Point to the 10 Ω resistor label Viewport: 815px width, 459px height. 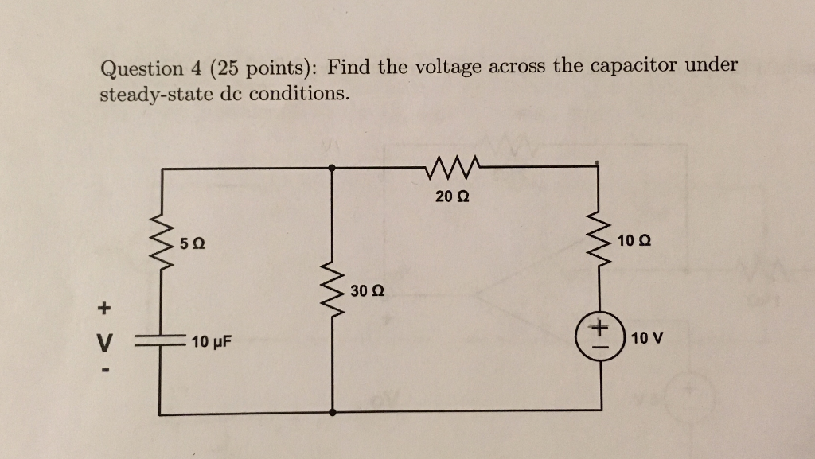coord(634,239)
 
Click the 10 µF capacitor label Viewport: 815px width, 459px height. coord(211,343)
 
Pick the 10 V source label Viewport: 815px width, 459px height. coord(645,338)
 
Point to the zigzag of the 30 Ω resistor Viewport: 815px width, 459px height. coord(332,290)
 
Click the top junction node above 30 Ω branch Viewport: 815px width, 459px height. coord(332,168)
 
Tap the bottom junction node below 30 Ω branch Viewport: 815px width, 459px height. coord(332,414)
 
